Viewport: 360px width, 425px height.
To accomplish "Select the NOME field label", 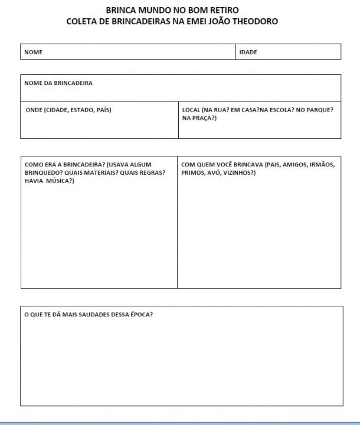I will tap(34, 52).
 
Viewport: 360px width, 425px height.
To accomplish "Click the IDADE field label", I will tap(248, 52).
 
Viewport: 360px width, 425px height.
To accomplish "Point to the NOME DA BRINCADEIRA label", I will tap(58, 83).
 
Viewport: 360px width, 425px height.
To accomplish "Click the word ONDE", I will tap(34, 110).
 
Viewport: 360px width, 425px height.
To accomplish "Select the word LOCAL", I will tap(191, 110).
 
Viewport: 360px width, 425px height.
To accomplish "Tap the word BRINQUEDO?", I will tap(43, 173).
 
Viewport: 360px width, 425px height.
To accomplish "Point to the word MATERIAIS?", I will tap(99, 173).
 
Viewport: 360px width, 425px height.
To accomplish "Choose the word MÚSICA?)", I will tap(60, 181).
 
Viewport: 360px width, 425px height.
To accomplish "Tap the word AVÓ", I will tap(210, 173).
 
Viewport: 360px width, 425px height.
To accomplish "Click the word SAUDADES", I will tap(90, 315).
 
